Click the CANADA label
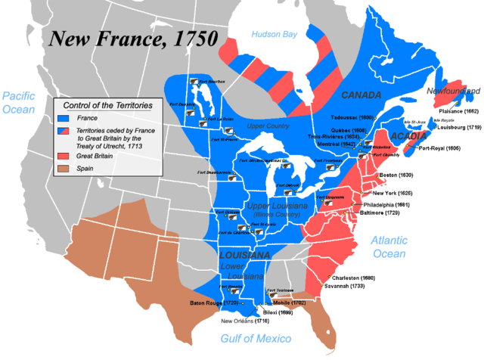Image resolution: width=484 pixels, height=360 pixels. click(x=360, y=95)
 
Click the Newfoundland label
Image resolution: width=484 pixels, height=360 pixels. click(x=451, y=92)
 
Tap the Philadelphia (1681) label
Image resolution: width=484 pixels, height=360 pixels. click(x=388, y=205)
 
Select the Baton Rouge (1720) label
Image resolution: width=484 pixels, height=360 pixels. click(x=215, y=303)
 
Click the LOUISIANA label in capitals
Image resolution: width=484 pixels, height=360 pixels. click(x=244, y=256)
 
